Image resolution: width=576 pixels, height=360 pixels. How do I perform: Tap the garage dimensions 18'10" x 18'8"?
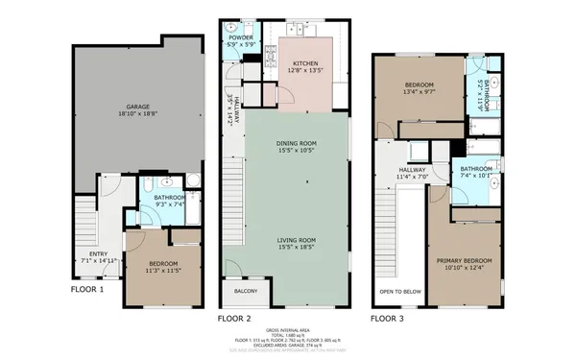[x=135, y=112]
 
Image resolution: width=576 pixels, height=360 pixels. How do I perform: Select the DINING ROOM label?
[x=297, y=143]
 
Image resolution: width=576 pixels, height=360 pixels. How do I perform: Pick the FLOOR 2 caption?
[x=234, y=317]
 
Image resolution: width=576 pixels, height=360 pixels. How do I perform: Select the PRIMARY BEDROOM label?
[x=464, y=260]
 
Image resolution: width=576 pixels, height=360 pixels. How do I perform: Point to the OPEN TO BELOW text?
[x=399, y=291]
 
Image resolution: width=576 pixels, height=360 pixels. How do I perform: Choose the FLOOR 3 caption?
[x=389, y=317]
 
